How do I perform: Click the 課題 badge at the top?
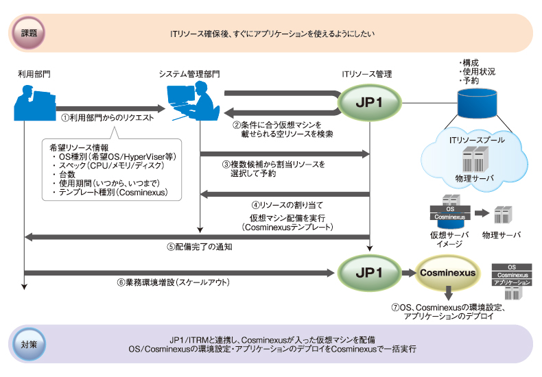29,32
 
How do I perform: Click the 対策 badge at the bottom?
29,344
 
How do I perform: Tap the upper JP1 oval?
370,101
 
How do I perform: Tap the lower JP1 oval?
370,272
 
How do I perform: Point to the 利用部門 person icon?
32,104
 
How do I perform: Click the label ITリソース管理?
368,73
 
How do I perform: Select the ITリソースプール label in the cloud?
477,140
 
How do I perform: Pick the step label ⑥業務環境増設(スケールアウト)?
181,282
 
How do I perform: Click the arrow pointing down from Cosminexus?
447,293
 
